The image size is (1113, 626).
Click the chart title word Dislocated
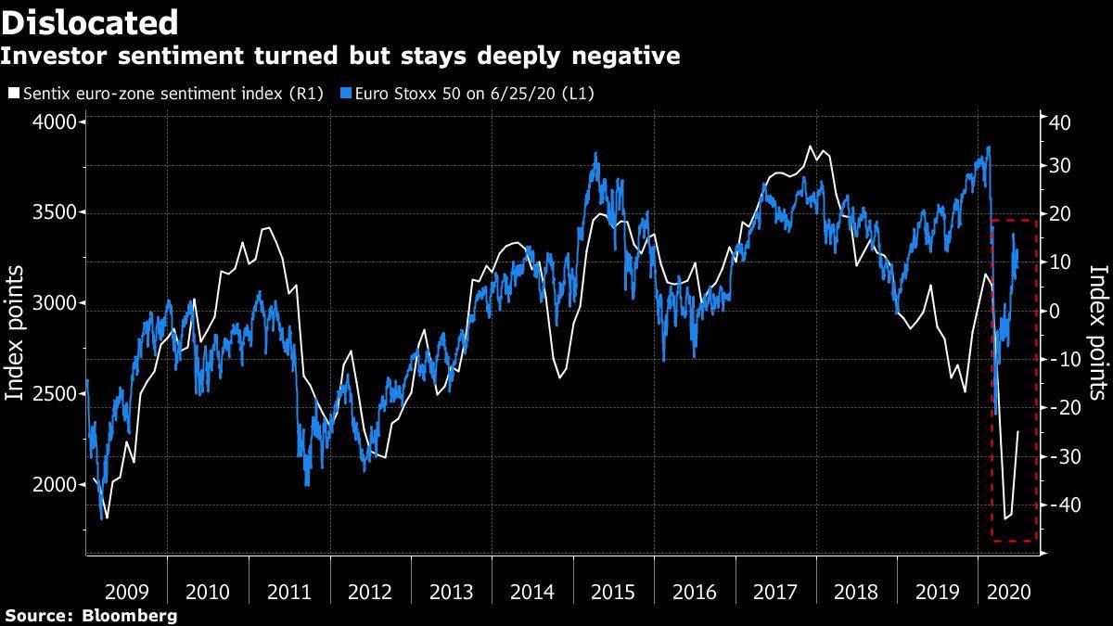(90, 21)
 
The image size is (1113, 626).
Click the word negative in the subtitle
(620, 57)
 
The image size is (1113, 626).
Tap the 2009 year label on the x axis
(127, 591)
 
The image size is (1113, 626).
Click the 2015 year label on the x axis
(613, 591)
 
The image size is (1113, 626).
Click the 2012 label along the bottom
(370, 591)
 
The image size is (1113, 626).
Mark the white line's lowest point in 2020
(1005, 519)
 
